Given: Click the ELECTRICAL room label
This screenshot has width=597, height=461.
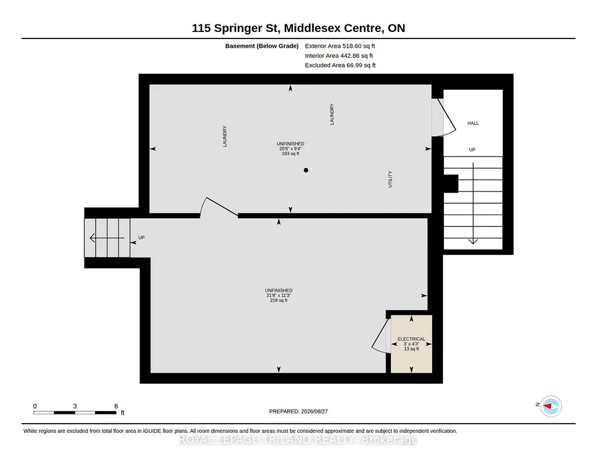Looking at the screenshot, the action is tap(411, 339).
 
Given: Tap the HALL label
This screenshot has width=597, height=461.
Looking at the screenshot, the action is tap(473, 123).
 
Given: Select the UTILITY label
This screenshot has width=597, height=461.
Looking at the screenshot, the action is tap(390, 179).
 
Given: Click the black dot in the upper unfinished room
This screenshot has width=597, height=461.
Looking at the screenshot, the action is tap(306, 170).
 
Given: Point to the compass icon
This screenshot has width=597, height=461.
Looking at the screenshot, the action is tap(551, 406).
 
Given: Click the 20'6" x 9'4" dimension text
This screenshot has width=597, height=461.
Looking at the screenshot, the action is tap(291, 149).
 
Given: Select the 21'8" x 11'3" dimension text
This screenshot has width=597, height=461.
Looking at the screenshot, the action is tap(279, 295).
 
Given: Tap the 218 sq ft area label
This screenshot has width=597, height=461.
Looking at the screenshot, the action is tap(279, 300).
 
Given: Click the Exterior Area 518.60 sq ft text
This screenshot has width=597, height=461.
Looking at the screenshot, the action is tap(340, 46).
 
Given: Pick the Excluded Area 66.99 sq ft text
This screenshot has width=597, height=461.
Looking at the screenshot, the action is tap(340, 65).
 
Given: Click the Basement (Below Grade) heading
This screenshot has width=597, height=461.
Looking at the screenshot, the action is tap(262, 46).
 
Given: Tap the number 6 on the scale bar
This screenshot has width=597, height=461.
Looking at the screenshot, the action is tap(116, 406).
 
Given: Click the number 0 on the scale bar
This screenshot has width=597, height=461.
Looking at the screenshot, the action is tap(35, 406).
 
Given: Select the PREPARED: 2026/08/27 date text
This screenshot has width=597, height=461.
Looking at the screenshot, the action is tap(298, 411).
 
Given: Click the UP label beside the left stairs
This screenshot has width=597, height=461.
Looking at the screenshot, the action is tap(142, 237).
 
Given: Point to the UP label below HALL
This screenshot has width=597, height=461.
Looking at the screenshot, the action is tap(472, 150).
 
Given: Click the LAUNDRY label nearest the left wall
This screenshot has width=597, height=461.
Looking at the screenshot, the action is tap(225, 136).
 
